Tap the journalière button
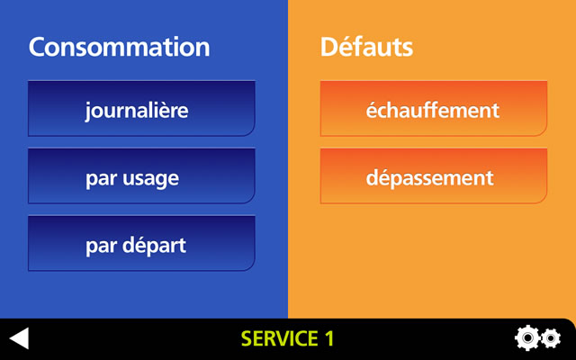coord(141,108)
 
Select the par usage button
coord(141,176)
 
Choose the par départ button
coord(141,244)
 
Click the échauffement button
coord(434,108)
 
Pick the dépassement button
coord(434,176)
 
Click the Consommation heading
coord(119,47)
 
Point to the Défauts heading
coord(366,47)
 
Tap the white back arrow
coord(20,338)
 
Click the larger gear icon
coord(527,337)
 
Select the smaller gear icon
coord(551,338)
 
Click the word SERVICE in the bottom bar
coord(280,338)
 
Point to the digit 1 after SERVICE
coord(329,338)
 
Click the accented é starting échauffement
coord(372,109)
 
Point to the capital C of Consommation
coord(38,47)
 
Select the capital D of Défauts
coord(329,47)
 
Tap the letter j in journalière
coord(88,112)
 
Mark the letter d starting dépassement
coord(373,176)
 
